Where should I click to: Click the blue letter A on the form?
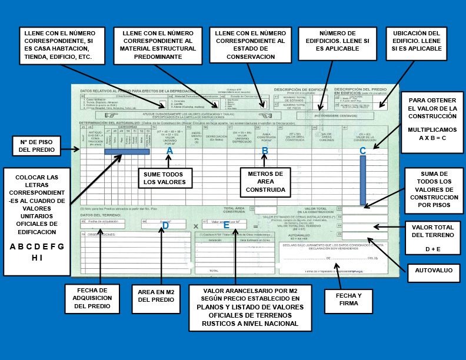169,151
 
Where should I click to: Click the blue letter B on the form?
265,151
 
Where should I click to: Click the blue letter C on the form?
362,151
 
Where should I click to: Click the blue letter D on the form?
165,225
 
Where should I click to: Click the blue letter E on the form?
226,225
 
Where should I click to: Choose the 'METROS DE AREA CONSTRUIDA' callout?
265,182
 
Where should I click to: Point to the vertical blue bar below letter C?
363,180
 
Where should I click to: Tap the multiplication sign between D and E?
195,226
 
